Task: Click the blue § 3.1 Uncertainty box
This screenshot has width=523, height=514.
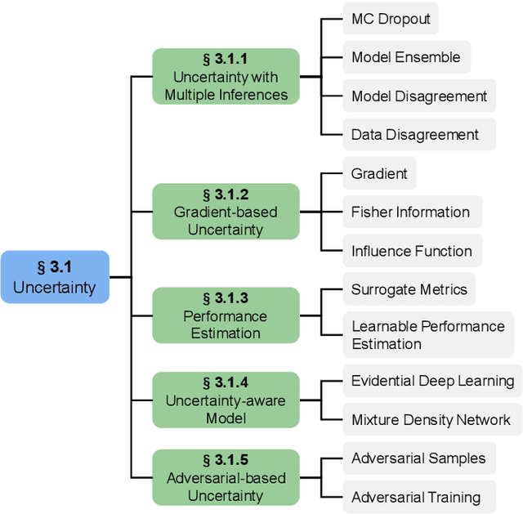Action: coord(55,277)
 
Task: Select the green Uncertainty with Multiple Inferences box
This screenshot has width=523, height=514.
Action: coord(226,77)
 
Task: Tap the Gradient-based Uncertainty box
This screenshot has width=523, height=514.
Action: coord(226,212)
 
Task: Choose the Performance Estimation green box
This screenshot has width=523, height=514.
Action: coord(226,315)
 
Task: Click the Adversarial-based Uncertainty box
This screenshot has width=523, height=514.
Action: coord(226,477)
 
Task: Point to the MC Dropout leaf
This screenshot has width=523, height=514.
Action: coord(391,18)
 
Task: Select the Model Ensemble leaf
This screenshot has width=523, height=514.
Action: coord(406,57)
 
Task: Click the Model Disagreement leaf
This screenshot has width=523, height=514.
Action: coord(419,96)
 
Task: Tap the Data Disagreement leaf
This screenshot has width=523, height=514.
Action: coord(415,134)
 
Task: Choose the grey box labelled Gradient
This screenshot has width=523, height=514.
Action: coord(379,173)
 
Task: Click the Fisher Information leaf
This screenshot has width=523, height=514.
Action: coord(410,212)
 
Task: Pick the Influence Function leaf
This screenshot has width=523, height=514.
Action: coord(412,251)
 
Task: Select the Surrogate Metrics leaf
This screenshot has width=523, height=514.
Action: coord(409,289)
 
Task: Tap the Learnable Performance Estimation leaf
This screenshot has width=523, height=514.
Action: coord(428,335)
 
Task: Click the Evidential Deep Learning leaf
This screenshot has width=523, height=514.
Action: coord(431,381)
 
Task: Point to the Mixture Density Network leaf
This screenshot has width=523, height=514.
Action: coord(431,420)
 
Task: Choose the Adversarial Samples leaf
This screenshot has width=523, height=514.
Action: coord(418,458)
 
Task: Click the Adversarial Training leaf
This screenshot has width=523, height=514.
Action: coord(415,497)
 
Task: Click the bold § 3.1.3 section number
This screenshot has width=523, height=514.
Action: coord(226,298)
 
